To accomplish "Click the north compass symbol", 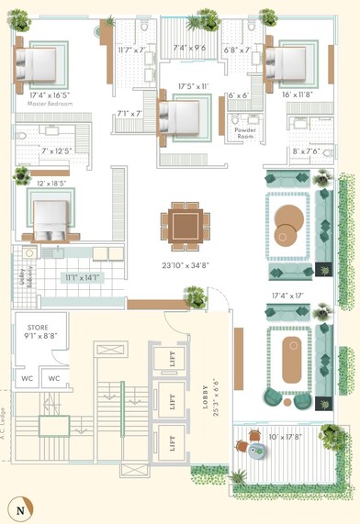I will pos(18,507).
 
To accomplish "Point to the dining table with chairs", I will pos(185,225).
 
